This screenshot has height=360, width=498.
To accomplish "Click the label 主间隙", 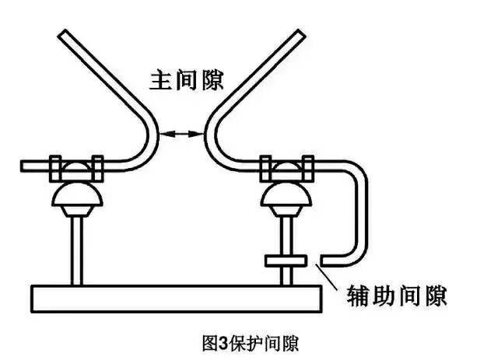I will [184, 79].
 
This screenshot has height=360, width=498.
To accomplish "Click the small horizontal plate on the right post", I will [288, 260].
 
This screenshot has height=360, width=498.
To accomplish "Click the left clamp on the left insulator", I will [56, 166].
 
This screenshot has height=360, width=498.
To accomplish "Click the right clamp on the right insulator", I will [308, 166].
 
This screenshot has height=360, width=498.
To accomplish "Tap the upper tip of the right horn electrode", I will [299, 34].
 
